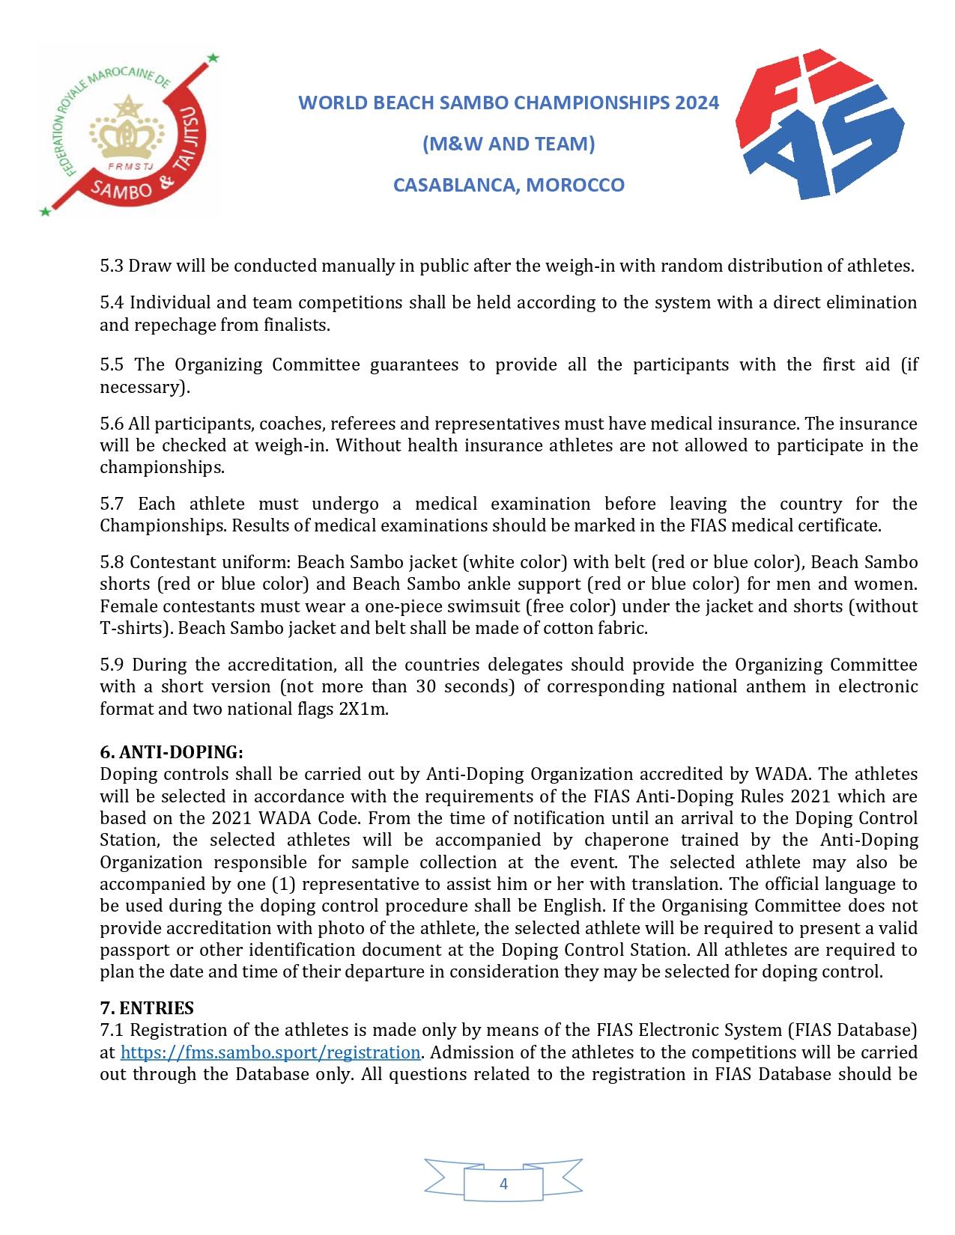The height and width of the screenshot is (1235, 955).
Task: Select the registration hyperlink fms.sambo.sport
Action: [x=270, y=1052]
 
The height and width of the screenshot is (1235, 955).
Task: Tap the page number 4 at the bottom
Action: [x=503, y=1183]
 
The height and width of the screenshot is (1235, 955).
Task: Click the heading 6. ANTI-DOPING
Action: [x=172, y=751]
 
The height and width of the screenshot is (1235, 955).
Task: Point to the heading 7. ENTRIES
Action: [x=147, y=1008]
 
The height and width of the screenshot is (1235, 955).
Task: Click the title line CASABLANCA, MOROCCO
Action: [x=509, y=185]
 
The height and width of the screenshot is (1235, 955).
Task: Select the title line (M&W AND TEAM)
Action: [x=509, y=143]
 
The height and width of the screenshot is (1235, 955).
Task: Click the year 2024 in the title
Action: [x=696, y=102]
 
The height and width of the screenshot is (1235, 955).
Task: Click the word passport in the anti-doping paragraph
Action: [x=132, y=950]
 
